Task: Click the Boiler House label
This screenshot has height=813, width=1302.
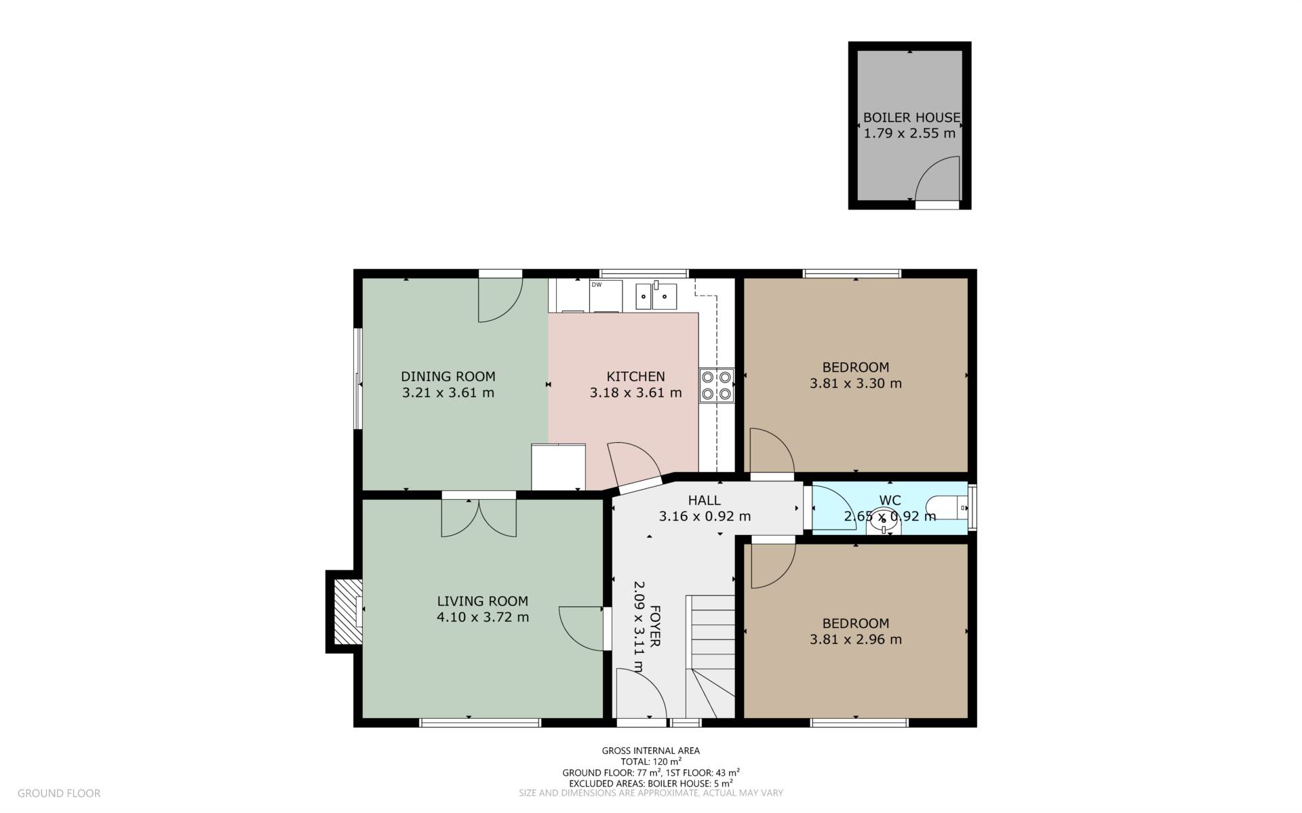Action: [911, 117]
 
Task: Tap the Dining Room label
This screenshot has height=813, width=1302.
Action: [448, 376]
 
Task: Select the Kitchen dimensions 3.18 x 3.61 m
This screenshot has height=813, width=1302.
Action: [635, 393]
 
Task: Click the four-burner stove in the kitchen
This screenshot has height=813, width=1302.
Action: [717, 385]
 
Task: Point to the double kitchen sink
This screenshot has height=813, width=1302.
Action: [656, 296]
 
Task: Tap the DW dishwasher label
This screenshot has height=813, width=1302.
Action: [597, 285]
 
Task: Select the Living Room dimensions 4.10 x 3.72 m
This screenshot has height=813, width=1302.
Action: [483, 617]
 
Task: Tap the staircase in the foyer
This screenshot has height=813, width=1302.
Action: [711, 656]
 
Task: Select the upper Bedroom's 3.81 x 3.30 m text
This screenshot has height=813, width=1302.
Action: [856, 383]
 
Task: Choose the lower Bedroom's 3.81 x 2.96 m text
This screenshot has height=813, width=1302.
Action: [856, 639]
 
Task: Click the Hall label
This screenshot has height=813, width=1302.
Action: [705, 500]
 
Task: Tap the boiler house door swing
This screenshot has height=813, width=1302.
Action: [937, 179]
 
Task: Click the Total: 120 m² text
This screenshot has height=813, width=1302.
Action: [651, 761]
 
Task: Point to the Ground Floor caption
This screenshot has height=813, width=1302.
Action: [59, 793]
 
